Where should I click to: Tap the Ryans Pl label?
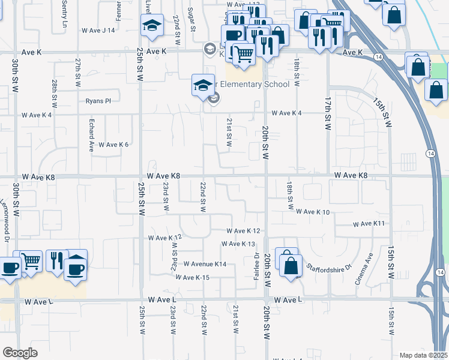(98, 101)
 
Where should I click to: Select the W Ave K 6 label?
(113, 145)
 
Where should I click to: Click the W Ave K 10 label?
(313, 212)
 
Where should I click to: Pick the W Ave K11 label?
(369, 224)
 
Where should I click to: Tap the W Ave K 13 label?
(238, 244)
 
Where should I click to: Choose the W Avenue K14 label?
(205, 264)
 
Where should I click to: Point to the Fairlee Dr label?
(256, 266)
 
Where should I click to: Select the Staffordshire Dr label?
(328, 266)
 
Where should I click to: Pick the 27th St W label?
(78, 73)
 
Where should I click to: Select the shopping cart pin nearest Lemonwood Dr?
(31, 260)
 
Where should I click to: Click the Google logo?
(20, 352)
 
